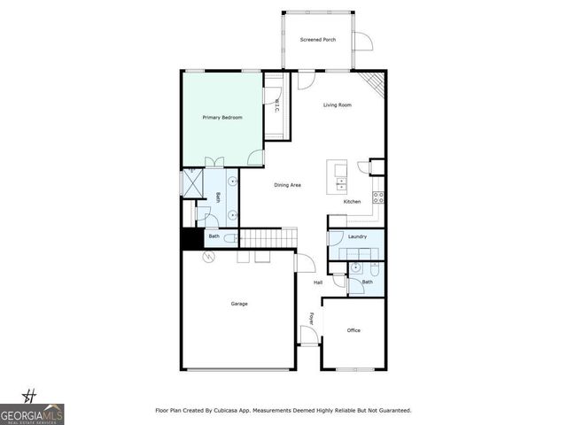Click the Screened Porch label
[317, 40]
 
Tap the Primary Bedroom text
[221, 117]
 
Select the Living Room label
[337, 105]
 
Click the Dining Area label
[287, 185]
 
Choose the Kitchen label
[352, 202]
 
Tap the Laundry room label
[357, 236]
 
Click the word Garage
[239, 304]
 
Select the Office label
[353, 330]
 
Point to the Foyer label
[311, 318]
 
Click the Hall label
[318, 282]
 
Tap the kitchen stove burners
[377, 197]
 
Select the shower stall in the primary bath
[192, 183]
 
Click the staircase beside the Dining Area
[267, 237]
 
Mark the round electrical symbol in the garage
[210, 257]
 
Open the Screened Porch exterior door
[362, 41]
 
